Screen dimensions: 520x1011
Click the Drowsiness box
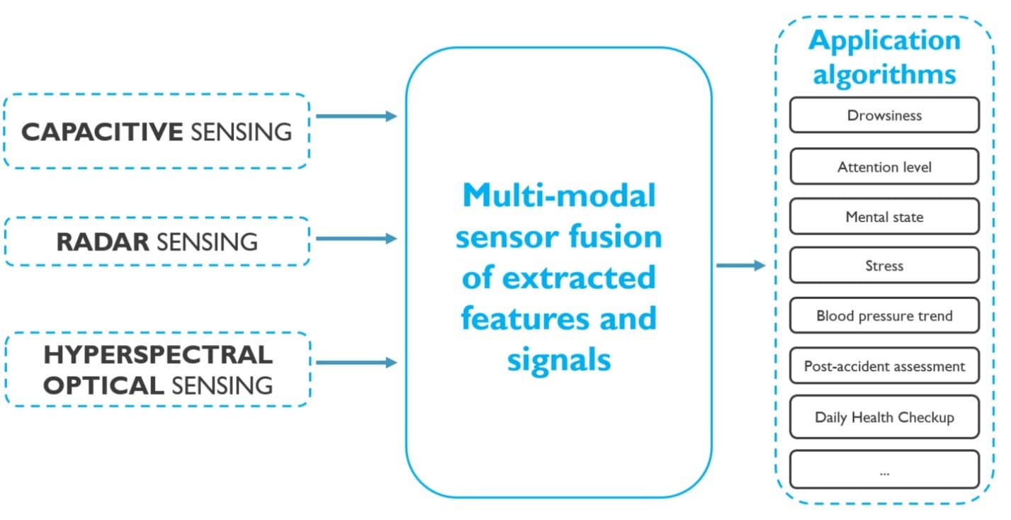[884, 115]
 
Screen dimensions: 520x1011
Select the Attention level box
[884, 167]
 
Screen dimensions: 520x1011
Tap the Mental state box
[884, 217]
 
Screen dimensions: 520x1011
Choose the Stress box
[884, 266]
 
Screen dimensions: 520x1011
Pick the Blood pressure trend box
[884, 316]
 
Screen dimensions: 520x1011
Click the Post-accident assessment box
[884, 366]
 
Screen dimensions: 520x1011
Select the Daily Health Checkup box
[884, 417]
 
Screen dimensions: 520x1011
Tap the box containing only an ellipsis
[884, 470]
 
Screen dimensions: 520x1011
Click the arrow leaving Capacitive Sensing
[356, 116]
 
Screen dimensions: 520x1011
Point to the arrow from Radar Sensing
[356, 239]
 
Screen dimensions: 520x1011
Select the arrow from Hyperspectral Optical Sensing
[356, 363]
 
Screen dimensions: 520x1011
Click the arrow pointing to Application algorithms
[740, 266]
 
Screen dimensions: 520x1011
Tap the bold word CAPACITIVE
[102, 132]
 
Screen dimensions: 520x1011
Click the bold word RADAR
[103, 242]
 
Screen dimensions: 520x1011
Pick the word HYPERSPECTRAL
[157, 354]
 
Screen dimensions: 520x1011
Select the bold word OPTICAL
[103, 385]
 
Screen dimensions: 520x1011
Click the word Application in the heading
[884, 40]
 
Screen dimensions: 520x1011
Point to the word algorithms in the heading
[884, 74]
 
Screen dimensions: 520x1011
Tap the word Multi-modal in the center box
[559, 196]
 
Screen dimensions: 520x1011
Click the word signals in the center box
[559, 359]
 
